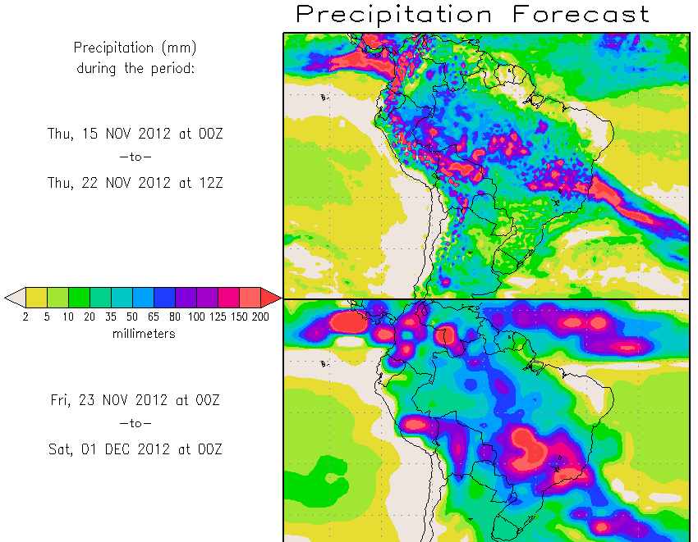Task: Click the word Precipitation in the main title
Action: [x=394, y=14]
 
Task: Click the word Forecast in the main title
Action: [x=581, y=14]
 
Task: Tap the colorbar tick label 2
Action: [x=25, y=317]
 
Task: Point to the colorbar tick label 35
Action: [x=111, y=317]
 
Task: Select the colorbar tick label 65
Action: [x=154, y=317]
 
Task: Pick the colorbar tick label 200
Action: [x=259, y=317]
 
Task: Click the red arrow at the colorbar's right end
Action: [x=271, y=297]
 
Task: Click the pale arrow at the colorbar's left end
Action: [x=14, y=297]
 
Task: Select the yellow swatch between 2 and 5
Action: [x=36, y=297]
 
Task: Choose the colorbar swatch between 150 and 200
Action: [x=250, y=297]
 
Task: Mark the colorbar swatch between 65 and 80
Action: [x=164, y=297]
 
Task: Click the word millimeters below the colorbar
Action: [x=144, y=334]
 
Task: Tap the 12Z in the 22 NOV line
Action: [x=208, y=184]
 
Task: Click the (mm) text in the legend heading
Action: [x=180, y=48]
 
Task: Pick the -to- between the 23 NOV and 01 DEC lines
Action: [x=135, y=424]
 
